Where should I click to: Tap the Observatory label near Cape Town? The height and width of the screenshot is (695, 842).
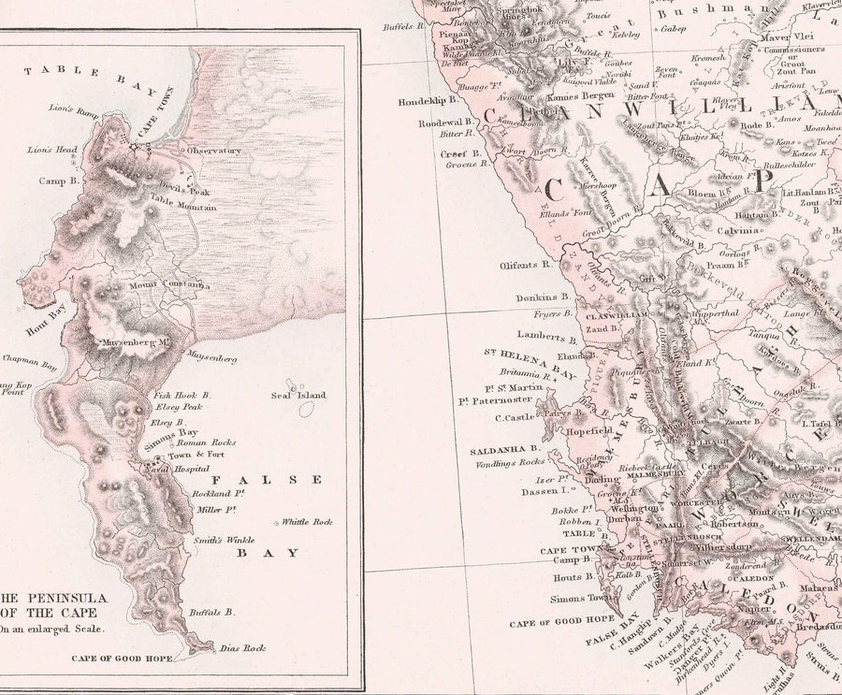click(x=213, y=151)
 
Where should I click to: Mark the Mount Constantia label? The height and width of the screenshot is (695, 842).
click(x=169, y=285)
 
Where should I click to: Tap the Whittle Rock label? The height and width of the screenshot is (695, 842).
click(x=308, y=522)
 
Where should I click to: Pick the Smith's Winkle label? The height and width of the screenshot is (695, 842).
click(x=223, y=540)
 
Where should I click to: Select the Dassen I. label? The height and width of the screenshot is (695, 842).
click(x=555, y=489)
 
